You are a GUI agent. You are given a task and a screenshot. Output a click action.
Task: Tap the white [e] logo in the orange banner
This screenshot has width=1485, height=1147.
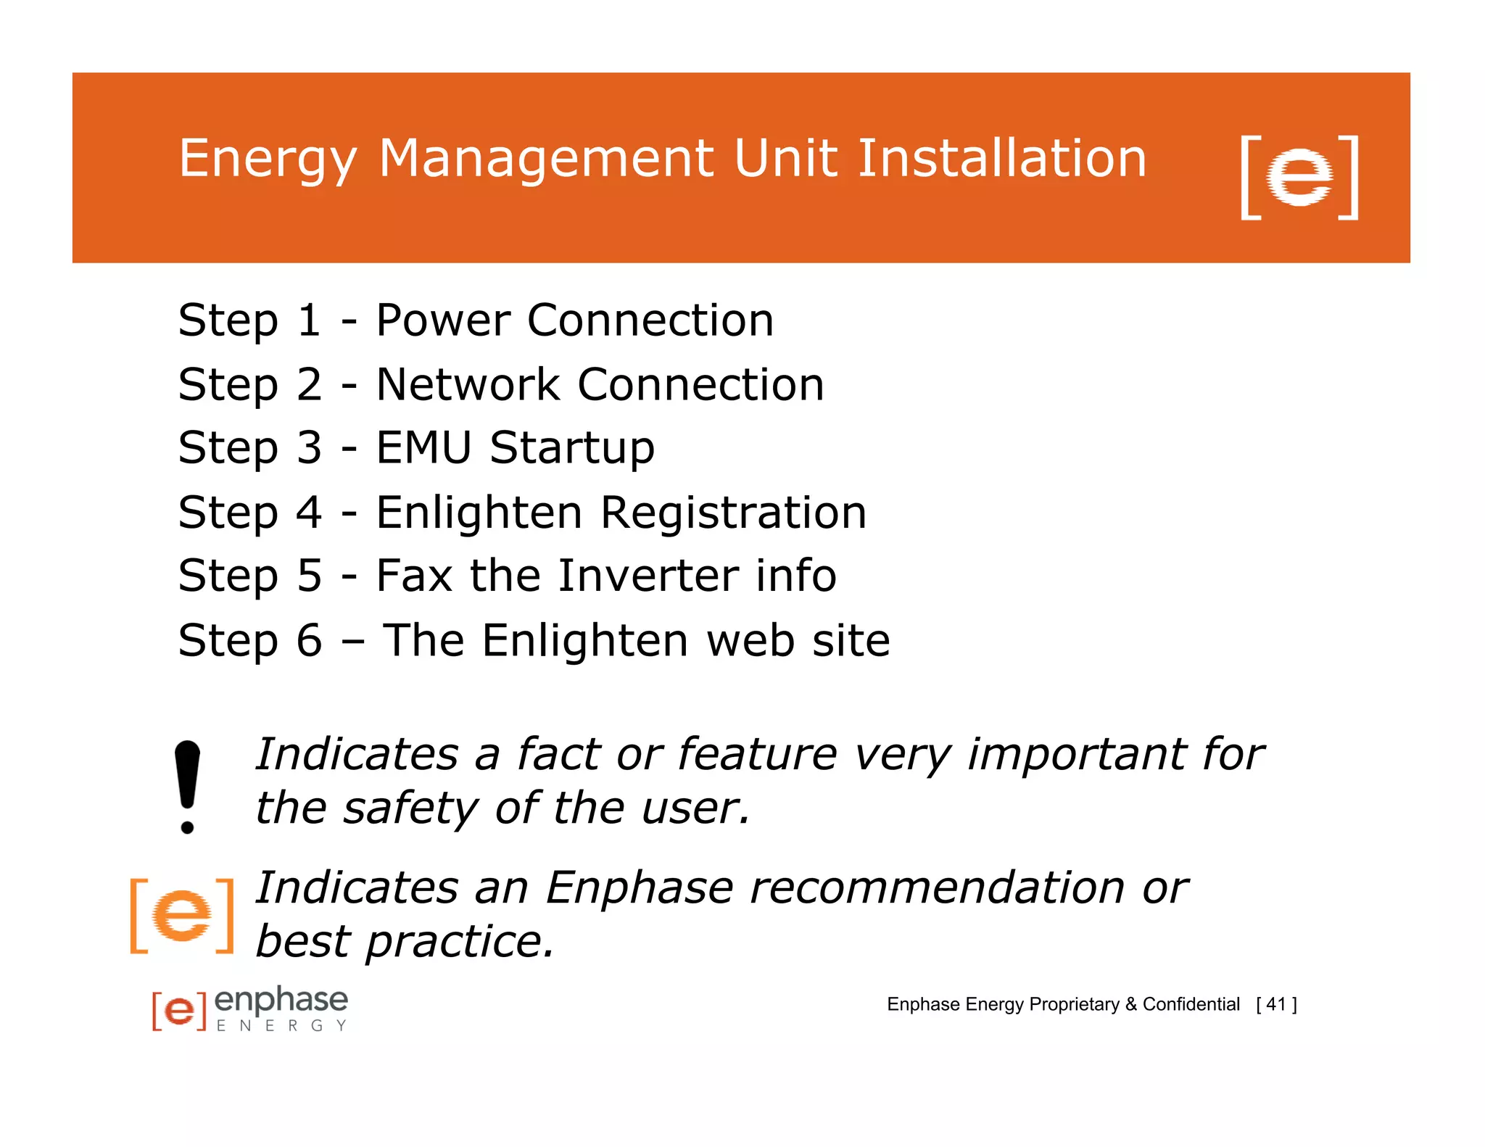pyautogui.click(x=1299, y=176)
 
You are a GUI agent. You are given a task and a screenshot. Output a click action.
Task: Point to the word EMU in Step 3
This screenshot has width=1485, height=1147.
pyautogui.click(x=424, y=447)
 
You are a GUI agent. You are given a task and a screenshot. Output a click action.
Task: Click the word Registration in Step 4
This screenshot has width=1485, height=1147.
pyautogui.click(x=733, y=512)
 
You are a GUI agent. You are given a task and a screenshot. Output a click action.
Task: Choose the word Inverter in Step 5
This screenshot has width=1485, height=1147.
pyautogui.click(x=649, y=576)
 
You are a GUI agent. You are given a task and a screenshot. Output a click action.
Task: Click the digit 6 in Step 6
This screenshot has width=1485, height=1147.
pyautogui.click(x=309, y=640)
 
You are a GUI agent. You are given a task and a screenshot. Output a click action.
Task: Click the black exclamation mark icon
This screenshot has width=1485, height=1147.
pyautogui.click(x=187, y=787)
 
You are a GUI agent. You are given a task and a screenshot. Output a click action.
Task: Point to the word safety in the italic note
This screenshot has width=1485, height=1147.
pyautogui.click(x=410, y=808)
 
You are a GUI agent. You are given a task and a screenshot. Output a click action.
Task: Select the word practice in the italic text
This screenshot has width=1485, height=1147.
pyautogui.click(x=460, y=941)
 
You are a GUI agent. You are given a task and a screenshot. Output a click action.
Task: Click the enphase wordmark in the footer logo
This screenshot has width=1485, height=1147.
pyautogui.click(x=281, y=1001)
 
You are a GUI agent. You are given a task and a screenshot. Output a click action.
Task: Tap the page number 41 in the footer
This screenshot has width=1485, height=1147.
pyautogui.click(x=1276, y=1004)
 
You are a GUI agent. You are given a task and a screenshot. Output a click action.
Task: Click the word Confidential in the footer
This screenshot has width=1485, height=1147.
pyautogui.click(x=1191, y=1004)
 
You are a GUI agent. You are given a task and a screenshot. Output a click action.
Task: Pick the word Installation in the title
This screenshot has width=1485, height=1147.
pyautogui.click(x=1001, y=159)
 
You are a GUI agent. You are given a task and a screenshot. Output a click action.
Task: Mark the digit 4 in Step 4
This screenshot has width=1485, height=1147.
pyautogui.click(x=309, y=512)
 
